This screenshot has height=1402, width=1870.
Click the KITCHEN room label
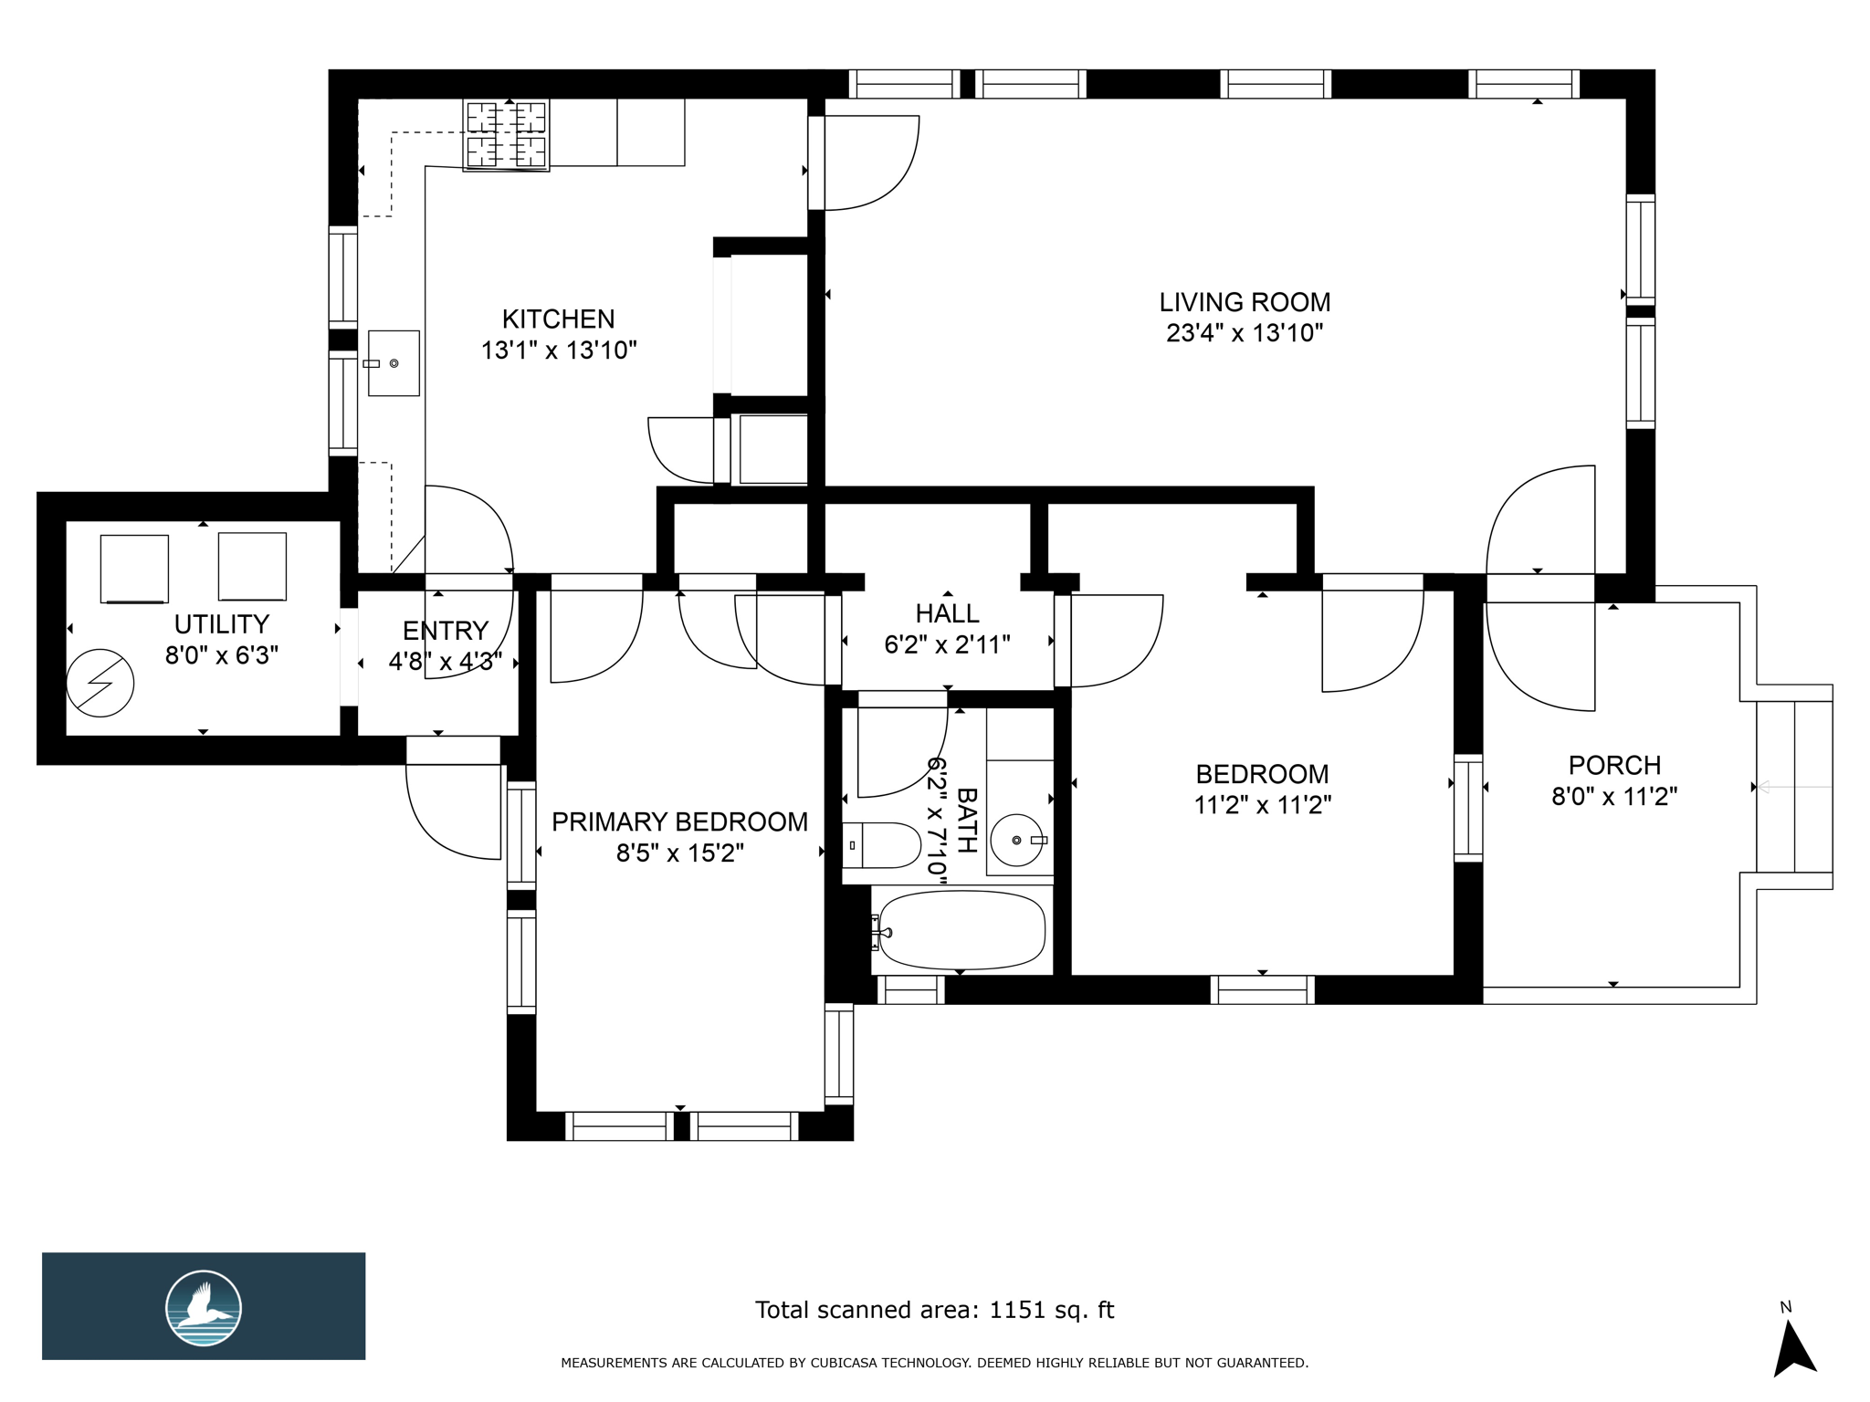(558, 319)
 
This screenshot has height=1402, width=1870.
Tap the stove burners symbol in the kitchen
(507, 134)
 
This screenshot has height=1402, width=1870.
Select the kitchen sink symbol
(394, 363)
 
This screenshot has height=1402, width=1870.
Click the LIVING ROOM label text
(1245, 302)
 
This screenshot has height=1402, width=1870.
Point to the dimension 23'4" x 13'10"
(1245, 333)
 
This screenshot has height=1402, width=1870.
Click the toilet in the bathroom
(882, 845)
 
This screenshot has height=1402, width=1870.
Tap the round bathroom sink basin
(1016, 840)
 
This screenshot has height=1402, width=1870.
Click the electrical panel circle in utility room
(100, 683)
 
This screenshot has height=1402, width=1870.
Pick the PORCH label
(1614, 765)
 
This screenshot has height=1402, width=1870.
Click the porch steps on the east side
(1794, 787)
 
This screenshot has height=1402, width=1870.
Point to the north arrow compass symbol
(1793, 1347)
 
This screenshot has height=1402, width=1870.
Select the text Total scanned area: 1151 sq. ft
(934, 1310)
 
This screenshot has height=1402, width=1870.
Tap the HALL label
(947, 613)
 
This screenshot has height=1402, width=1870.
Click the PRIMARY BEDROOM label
(679, 822)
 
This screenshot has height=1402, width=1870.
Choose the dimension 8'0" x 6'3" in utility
(221, 655)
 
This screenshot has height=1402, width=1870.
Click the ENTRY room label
(445, 631)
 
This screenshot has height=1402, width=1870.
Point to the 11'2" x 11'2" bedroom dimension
(1262, 805)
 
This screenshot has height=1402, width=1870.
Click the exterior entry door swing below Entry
(454, 811)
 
